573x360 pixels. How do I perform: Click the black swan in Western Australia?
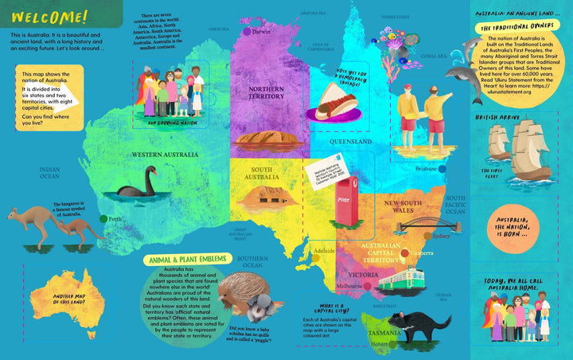[136, 184]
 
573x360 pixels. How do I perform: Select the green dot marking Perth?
[103, 218]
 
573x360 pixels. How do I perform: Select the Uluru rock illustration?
[267, 140]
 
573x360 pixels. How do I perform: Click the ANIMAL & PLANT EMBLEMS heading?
[186, 259]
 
